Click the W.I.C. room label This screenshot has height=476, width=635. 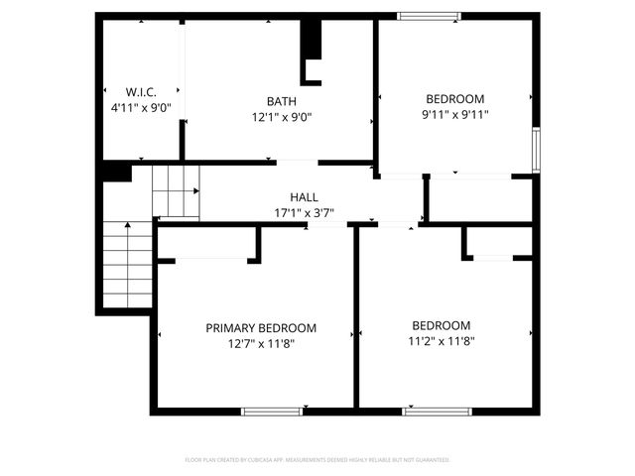click(x=140, y=91)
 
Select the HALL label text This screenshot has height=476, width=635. click(x=304, y=197)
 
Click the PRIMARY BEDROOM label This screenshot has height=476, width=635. click(x=261, y=328)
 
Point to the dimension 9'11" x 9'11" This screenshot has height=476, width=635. click(x=456, y=114)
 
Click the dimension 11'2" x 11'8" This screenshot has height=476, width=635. click(x=442, y=341)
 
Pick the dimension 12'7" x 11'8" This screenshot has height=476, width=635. click(x=261, y=343)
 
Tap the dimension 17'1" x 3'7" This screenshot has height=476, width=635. click(x=304, y=212)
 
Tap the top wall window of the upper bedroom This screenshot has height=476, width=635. click(x=429, y=16)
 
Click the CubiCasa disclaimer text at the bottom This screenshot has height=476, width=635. click(x=317, y=460)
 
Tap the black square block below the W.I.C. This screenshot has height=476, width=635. click(x=117, y=172)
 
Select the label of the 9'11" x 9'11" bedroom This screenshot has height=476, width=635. click(x=455, y=99)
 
